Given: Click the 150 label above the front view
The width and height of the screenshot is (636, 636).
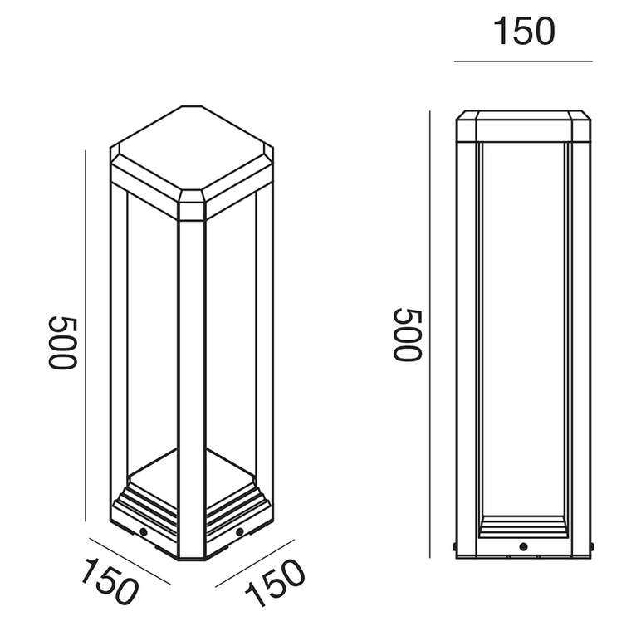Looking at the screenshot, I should tap(524, 31).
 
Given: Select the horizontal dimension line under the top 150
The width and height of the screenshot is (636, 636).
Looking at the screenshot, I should tap(524, 61).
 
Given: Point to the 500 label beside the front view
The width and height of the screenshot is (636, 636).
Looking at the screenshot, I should tap(408, 334).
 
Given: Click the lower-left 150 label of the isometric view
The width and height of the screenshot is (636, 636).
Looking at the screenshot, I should tap(108, 581).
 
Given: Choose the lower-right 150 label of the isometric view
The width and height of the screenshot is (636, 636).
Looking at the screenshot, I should tap(275, 581).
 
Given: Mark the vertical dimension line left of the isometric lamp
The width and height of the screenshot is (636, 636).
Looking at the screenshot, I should tap(86, 332).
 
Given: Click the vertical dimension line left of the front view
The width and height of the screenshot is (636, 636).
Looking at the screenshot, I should tap(430, 332).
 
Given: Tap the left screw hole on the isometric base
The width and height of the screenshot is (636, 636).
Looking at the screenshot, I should tap(144, 530).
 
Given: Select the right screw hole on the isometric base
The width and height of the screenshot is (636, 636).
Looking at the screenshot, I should tap(239, 530).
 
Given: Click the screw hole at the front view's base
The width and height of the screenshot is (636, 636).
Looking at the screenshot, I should tap(524, 547).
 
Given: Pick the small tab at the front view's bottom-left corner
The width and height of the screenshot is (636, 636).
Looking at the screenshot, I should tap(454, 546).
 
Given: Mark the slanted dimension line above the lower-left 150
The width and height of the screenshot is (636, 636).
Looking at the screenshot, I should tap(129, 561).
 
